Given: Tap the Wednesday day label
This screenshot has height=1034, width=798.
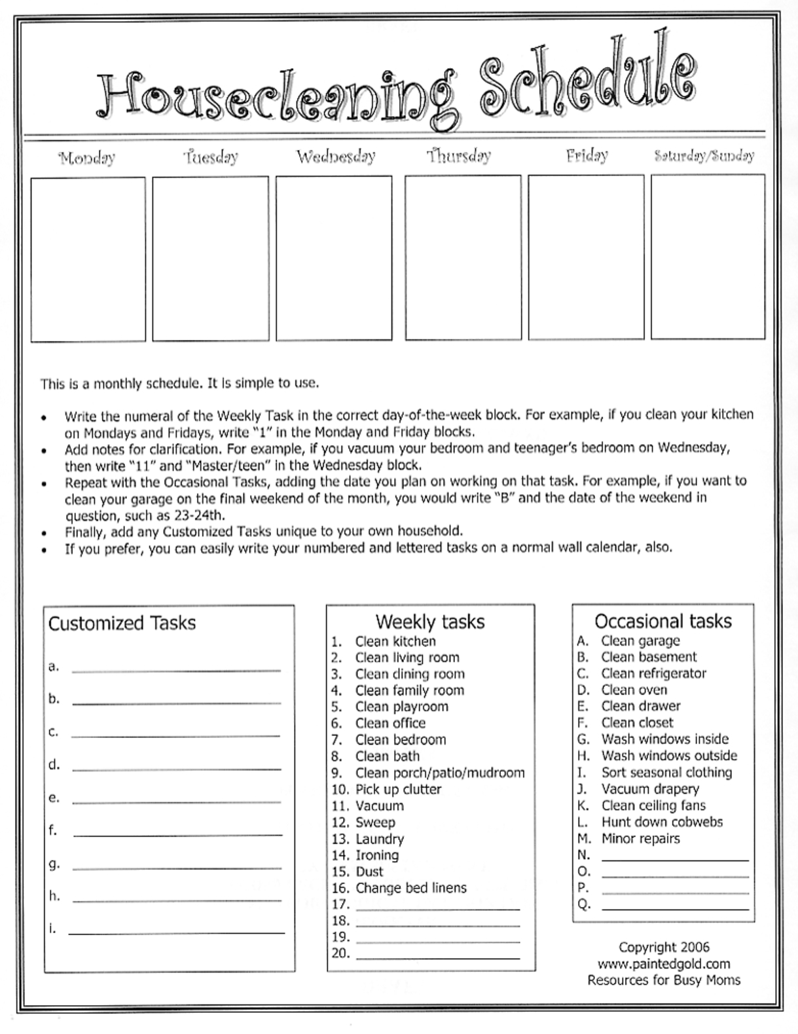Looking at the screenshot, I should pos(336,157).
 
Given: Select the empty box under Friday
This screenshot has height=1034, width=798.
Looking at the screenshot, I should pos(586,257).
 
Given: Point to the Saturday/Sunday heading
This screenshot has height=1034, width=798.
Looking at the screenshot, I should pos(704,156).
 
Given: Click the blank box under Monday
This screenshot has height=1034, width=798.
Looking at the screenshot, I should pos(88,259).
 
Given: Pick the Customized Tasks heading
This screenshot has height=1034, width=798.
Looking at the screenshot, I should pos(122,623).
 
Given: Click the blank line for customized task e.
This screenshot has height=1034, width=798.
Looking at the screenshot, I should pos(175,800).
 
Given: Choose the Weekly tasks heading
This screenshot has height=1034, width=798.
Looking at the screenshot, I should pos(430,621).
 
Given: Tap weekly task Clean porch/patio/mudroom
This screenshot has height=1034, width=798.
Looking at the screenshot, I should pos(439,773).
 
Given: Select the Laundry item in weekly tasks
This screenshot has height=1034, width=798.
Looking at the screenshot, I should pos(379,839).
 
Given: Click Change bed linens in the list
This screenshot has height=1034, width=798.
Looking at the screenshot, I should pos(410,888).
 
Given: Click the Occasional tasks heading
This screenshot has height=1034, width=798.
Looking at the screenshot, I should pos(662,621).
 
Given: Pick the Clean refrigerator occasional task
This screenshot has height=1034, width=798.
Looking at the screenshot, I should pos(653,673).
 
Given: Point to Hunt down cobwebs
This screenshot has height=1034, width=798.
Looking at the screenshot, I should pos(662,822).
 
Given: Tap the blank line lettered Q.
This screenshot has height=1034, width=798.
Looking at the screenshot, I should pos(674,906).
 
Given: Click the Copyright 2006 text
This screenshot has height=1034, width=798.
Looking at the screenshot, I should pos(664,947).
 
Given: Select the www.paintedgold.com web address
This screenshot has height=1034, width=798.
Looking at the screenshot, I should pos(664,963).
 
